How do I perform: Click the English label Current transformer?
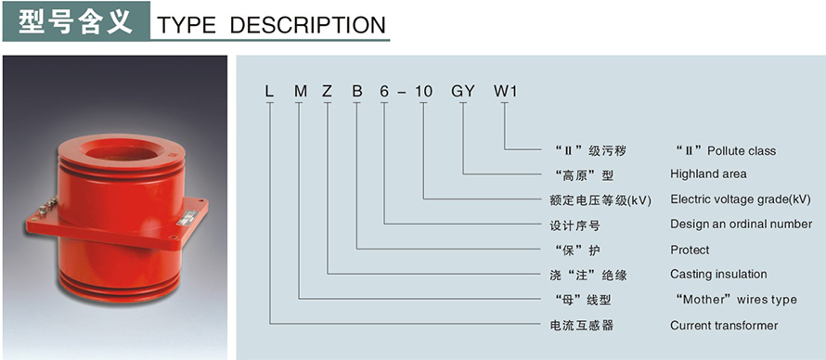724,326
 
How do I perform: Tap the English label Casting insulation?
718,275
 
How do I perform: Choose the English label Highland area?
708,174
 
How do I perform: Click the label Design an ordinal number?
741,225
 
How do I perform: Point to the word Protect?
690,250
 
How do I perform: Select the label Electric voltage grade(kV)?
741,199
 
